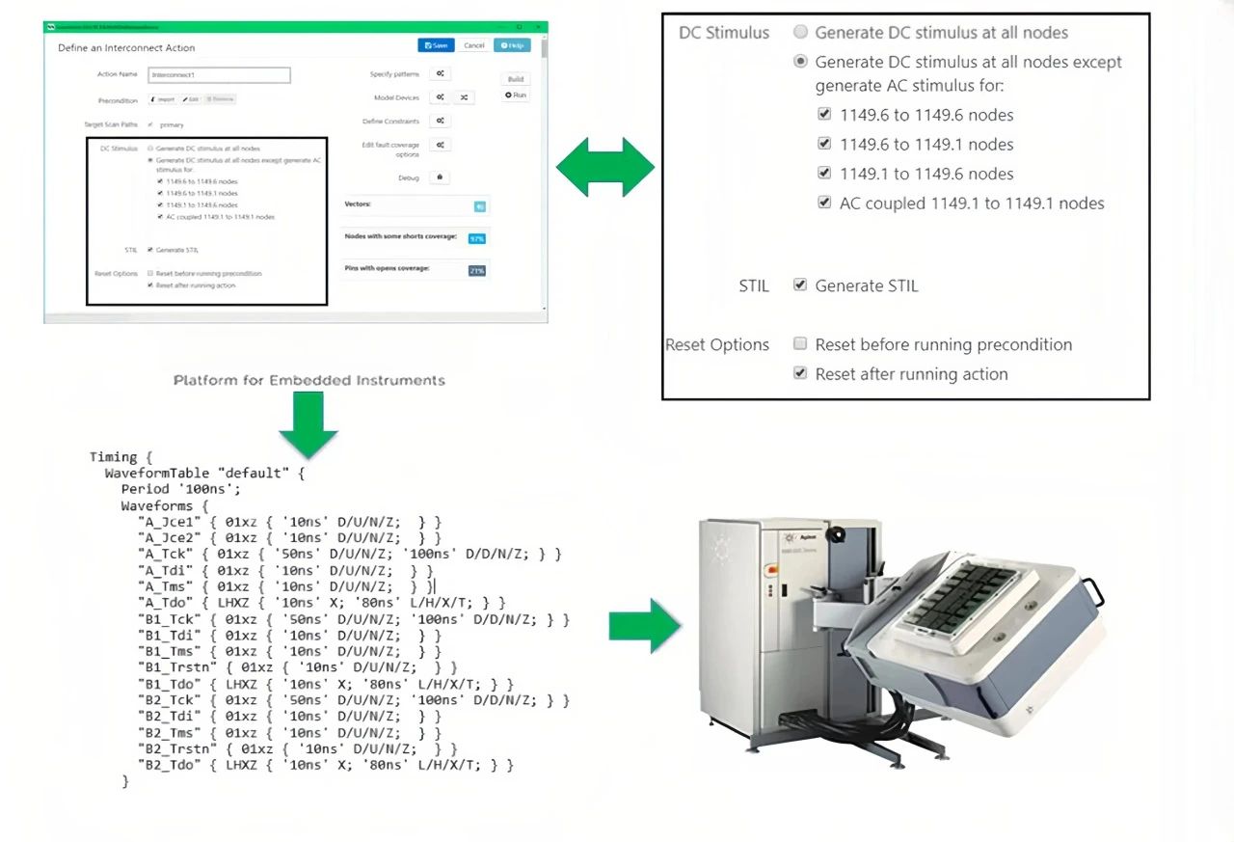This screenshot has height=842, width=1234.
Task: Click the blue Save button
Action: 436,45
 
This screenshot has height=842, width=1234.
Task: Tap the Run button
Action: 516,95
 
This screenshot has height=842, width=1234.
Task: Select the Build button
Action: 516,79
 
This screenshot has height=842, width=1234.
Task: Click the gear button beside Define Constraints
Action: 440,121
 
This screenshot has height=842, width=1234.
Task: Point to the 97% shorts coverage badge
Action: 476,238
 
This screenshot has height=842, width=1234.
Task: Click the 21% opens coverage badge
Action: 476,271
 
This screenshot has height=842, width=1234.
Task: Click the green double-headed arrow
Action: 605,167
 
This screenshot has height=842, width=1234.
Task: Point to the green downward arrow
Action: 309,423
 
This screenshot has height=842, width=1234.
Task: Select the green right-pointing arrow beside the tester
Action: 645,625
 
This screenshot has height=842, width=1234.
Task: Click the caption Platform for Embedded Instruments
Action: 309,380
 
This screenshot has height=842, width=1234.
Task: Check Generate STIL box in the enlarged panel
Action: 799,285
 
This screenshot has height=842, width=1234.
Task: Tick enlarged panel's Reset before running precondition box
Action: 799,344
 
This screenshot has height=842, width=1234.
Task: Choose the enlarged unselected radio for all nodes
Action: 800,33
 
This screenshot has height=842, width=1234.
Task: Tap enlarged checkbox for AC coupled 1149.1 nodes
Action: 823,204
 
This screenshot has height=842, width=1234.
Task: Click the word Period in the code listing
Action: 145,489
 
